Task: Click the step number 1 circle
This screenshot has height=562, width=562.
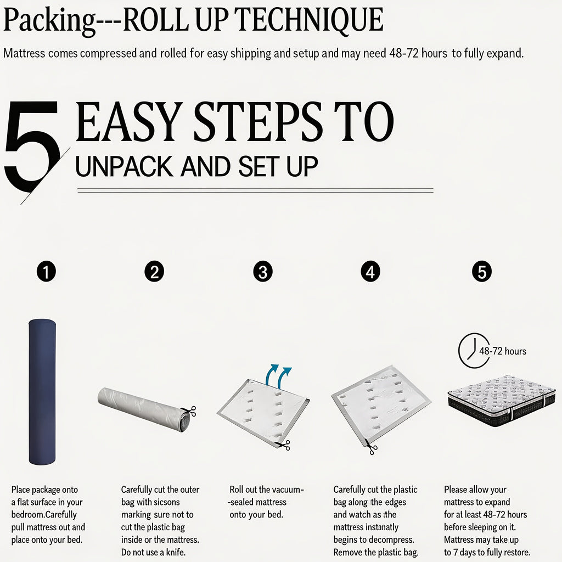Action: pos(46,271)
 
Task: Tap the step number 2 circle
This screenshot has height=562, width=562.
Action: pos(154,271)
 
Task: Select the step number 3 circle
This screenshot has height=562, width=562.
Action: pos(263,271)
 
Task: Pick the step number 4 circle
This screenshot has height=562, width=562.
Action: pos(370,271)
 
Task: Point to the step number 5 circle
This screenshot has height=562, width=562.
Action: pos(482,271)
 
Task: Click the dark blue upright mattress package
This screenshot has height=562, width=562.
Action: pos(42,392)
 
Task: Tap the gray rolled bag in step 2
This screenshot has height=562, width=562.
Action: pos(145,408)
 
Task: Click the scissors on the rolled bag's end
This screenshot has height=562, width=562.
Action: pos(189,411)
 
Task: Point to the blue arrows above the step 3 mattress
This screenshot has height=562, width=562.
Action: pos(278,375)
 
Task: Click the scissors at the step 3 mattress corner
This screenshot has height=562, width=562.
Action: pos(283,445)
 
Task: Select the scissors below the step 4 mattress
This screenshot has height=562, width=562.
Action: pos(370,447)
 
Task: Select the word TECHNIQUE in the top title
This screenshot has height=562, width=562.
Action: pos(308,20)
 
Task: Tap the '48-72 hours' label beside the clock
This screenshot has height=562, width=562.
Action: pos(503,351)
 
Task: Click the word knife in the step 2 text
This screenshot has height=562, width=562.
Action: pos(175,552)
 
